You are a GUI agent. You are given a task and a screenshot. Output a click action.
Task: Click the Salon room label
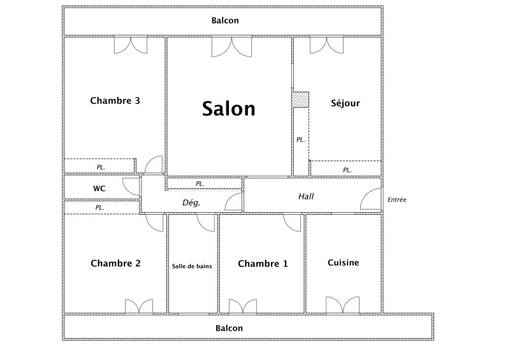pos(229,108)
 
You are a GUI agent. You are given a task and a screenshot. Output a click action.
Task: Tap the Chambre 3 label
pos(115,101)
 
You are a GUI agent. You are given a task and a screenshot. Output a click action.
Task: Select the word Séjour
pos(346,103)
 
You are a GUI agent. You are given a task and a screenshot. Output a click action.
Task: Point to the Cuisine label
pos(343,263)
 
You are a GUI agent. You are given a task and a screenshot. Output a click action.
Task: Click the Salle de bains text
pos(192,266)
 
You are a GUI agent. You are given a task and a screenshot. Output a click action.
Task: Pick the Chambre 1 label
pos(263,263)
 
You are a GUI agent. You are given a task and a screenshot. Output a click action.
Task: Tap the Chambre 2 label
pos(116,263)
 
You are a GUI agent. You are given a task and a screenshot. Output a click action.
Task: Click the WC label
pos(99,189)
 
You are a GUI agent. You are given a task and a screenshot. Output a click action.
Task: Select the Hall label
pos(306,196)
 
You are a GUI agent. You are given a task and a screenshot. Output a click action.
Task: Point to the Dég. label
pos(191,203)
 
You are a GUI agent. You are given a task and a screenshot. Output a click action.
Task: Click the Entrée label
pos(397,199)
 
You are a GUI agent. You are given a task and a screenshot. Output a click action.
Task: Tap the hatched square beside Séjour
pos(300,99)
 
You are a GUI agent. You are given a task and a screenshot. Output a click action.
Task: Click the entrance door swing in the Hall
pos(370,199)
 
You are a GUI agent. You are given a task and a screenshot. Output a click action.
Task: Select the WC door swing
pos(131,187)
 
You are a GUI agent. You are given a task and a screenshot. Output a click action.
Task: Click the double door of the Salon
pos(231,47)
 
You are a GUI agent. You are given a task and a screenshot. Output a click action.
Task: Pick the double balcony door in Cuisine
pos(343,305)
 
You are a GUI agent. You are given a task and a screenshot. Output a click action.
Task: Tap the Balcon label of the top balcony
pos(225,20)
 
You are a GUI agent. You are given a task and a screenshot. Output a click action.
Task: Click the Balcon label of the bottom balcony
pos(229,328)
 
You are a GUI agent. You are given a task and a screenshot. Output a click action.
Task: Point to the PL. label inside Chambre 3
pos(101,167)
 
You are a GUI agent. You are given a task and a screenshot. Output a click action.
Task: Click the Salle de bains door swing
pos(206,223)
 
